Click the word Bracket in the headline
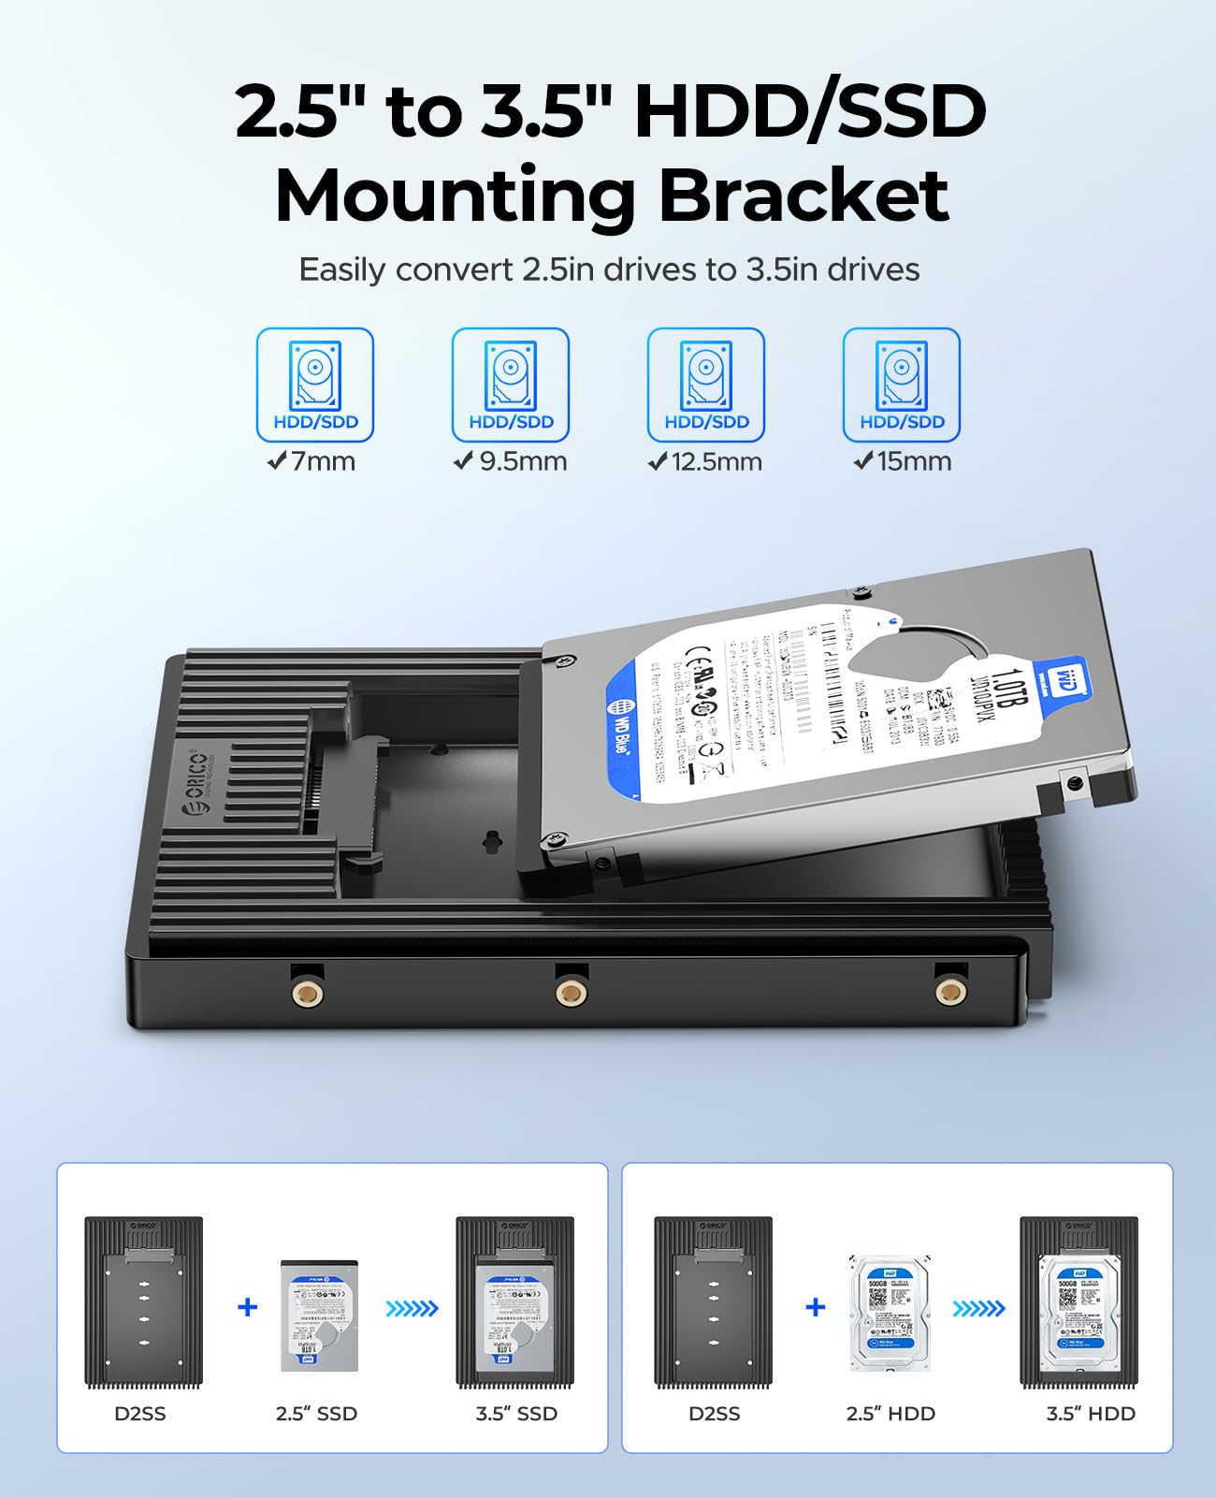point(803,196)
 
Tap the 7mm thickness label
point(312,461)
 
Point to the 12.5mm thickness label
point(706,461)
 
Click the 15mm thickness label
point(903,461)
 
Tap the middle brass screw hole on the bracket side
point(571,992)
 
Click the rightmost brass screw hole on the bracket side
point(950,991)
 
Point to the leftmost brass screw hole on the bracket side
point(308,992)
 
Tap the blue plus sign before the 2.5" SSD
point(248,1307)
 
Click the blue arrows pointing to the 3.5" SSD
point(412,1308)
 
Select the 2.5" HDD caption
point(890,1414)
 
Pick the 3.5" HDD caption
point(1091,1414)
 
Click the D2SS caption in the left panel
point(140,1414)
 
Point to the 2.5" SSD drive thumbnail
point(319,1315)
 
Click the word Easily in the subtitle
point(342,270)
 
